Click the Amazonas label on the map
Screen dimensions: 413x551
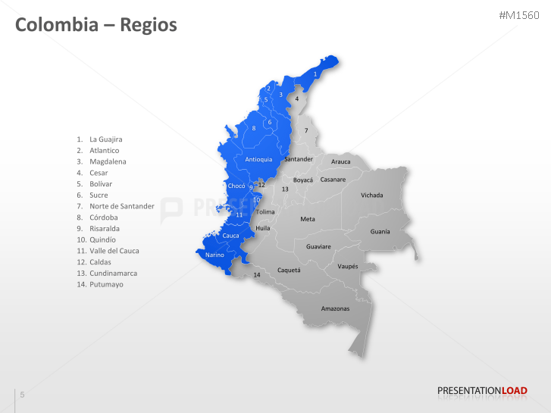tap(335, 308)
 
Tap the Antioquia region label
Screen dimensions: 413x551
tap(258, 159)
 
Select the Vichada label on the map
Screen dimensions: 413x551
tap(371, 195)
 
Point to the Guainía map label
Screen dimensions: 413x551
tap(380, 231)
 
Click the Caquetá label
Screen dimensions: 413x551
tap(289, 270)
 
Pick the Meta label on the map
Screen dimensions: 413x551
tap(307, 219)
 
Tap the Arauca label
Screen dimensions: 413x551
tap(341, 161)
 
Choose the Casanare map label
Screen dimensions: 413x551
tap(333, 180)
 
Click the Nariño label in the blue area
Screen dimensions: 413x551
tap(214, 255)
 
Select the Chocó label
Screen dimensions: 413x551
tap(236, 186)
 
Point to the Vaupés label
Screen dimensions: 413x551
tap(347, 266)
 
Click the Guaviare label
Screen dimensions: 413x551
tap(318, 247)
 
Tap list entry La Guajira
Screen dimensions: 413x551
tap(105, 139)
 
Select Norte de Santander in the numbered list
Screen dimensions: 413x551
tap(121, 206)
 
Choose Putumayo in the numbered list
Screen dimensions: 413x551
tap(106, 284)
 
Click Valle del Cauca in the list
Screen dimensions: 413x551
tap(114, 251)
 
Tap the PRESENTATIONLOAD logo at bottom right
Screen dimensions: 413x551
tap(482, 391)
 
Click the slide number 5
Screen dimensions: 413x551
tap(23, 394)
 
